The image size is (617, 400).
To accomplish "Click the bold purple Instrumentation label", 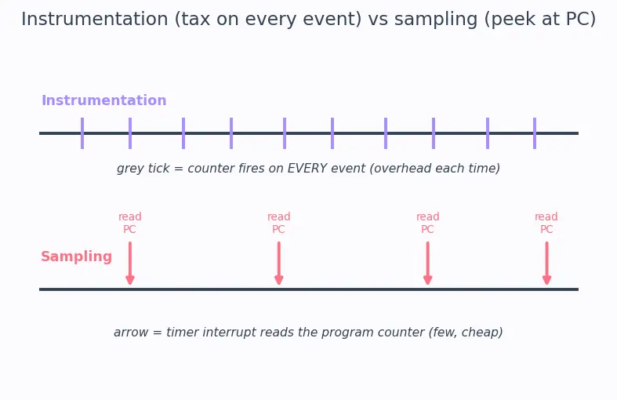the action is [104, 100].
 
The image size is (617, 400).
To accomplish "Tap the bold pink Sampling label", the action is [76, 256].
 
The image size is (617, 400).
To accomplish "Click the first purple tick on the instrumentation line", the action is [82, 133].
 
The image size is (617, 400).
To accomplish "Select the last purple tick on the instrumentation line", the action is [535, 133].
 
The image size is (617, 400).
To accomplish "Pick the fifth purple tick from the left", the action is [285, 133].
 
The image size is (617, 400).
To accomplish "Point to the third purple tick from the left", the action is [183, 133].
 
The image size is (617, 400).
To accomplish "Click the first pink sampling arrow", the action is [130, 264].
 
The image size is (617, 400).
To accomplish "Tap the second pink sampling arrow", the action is [279, 264].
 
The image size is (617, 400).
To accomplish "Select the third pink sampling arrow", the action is [428, 264].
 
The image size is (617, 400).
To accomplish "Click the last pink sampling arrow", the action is [546, 264].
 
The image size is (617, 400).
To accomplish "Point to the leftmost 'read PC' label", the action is [130, 223].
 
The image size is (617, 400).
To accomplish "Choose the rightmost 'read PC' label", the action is [546, 223].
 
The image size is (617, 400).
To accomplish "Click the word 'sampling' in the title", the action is [436, 19].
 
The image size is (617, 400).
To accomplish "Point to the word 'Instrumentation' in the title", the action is [94, 19].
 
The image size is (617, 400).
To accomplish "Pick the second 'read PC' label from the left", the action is [278, 223].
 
